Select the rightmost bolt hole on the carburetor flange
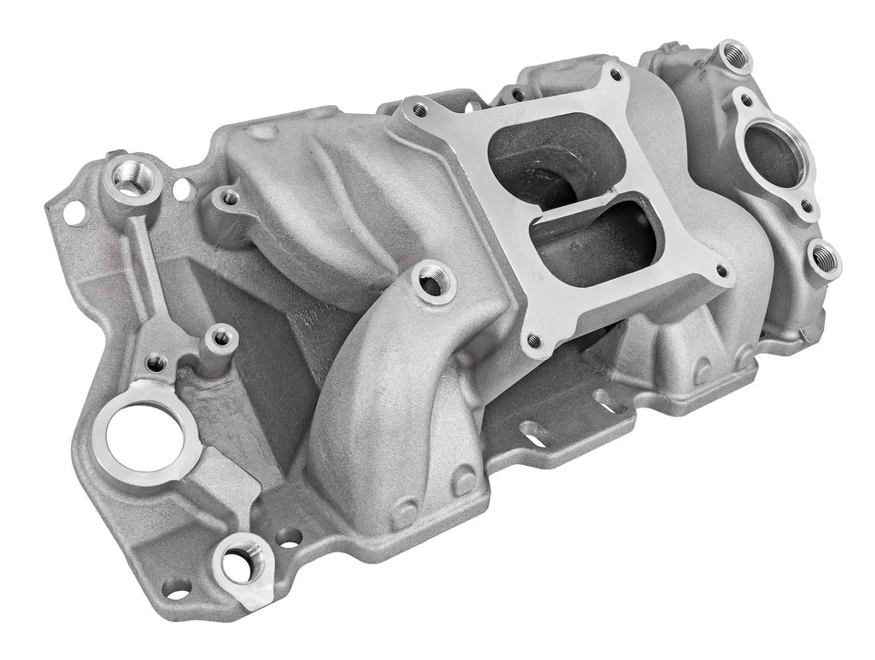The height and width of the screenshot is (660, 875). coord(721,271)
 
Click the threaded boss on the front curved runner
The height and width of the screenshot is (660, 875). coord(433,284)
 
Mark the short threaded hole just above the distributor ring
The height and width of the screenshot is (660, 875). coord(158,364)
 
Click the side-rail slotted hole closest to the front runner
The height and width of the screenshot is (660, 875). coord(534,437)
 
